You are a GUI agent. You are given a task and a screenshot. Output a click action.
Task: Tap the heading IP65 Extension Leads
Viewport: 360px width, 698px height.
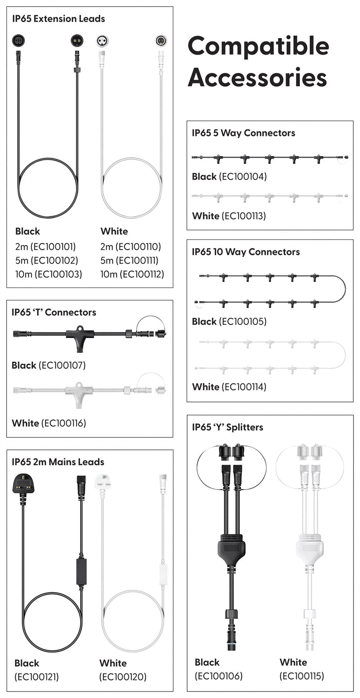point(59,19)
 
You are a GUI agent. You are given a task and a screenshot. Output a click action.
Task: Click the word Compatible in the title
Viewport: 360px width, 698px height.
point(258,46)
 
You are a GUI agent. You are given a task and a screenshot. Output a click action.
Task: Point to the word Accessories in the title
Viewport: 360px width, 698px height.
point(257,77)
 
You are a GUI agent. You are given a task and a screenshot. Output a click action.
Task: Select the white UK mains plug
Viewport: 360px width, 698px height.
point(103,482)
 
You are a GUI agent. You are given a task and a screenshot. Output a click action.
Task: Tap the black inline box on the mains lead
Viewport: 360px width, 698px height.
point(81,571)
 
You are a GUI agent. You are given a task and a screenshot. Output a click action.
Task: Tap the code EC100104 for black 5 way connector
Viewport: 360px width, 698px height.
point(243,177)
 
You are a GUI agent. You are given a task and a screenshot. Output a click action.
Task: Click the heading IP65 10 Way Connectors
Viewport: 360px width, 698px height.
point(246,252)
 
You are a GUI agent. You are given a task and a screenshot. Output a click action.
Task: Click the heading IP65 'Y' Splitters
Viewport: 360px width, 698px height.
point(227,427)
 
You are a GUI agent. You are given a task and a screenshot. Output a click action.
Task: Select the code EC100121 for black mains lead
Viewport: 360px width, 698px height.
point(36,677)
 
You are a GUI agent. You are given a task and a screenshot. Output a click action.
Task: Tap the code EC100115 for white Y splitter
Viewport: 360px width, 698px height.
point(301,676)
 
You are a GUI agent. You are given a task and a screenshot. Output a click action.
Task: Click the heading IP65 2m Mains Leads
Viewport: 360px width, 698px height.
point(58,462)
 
